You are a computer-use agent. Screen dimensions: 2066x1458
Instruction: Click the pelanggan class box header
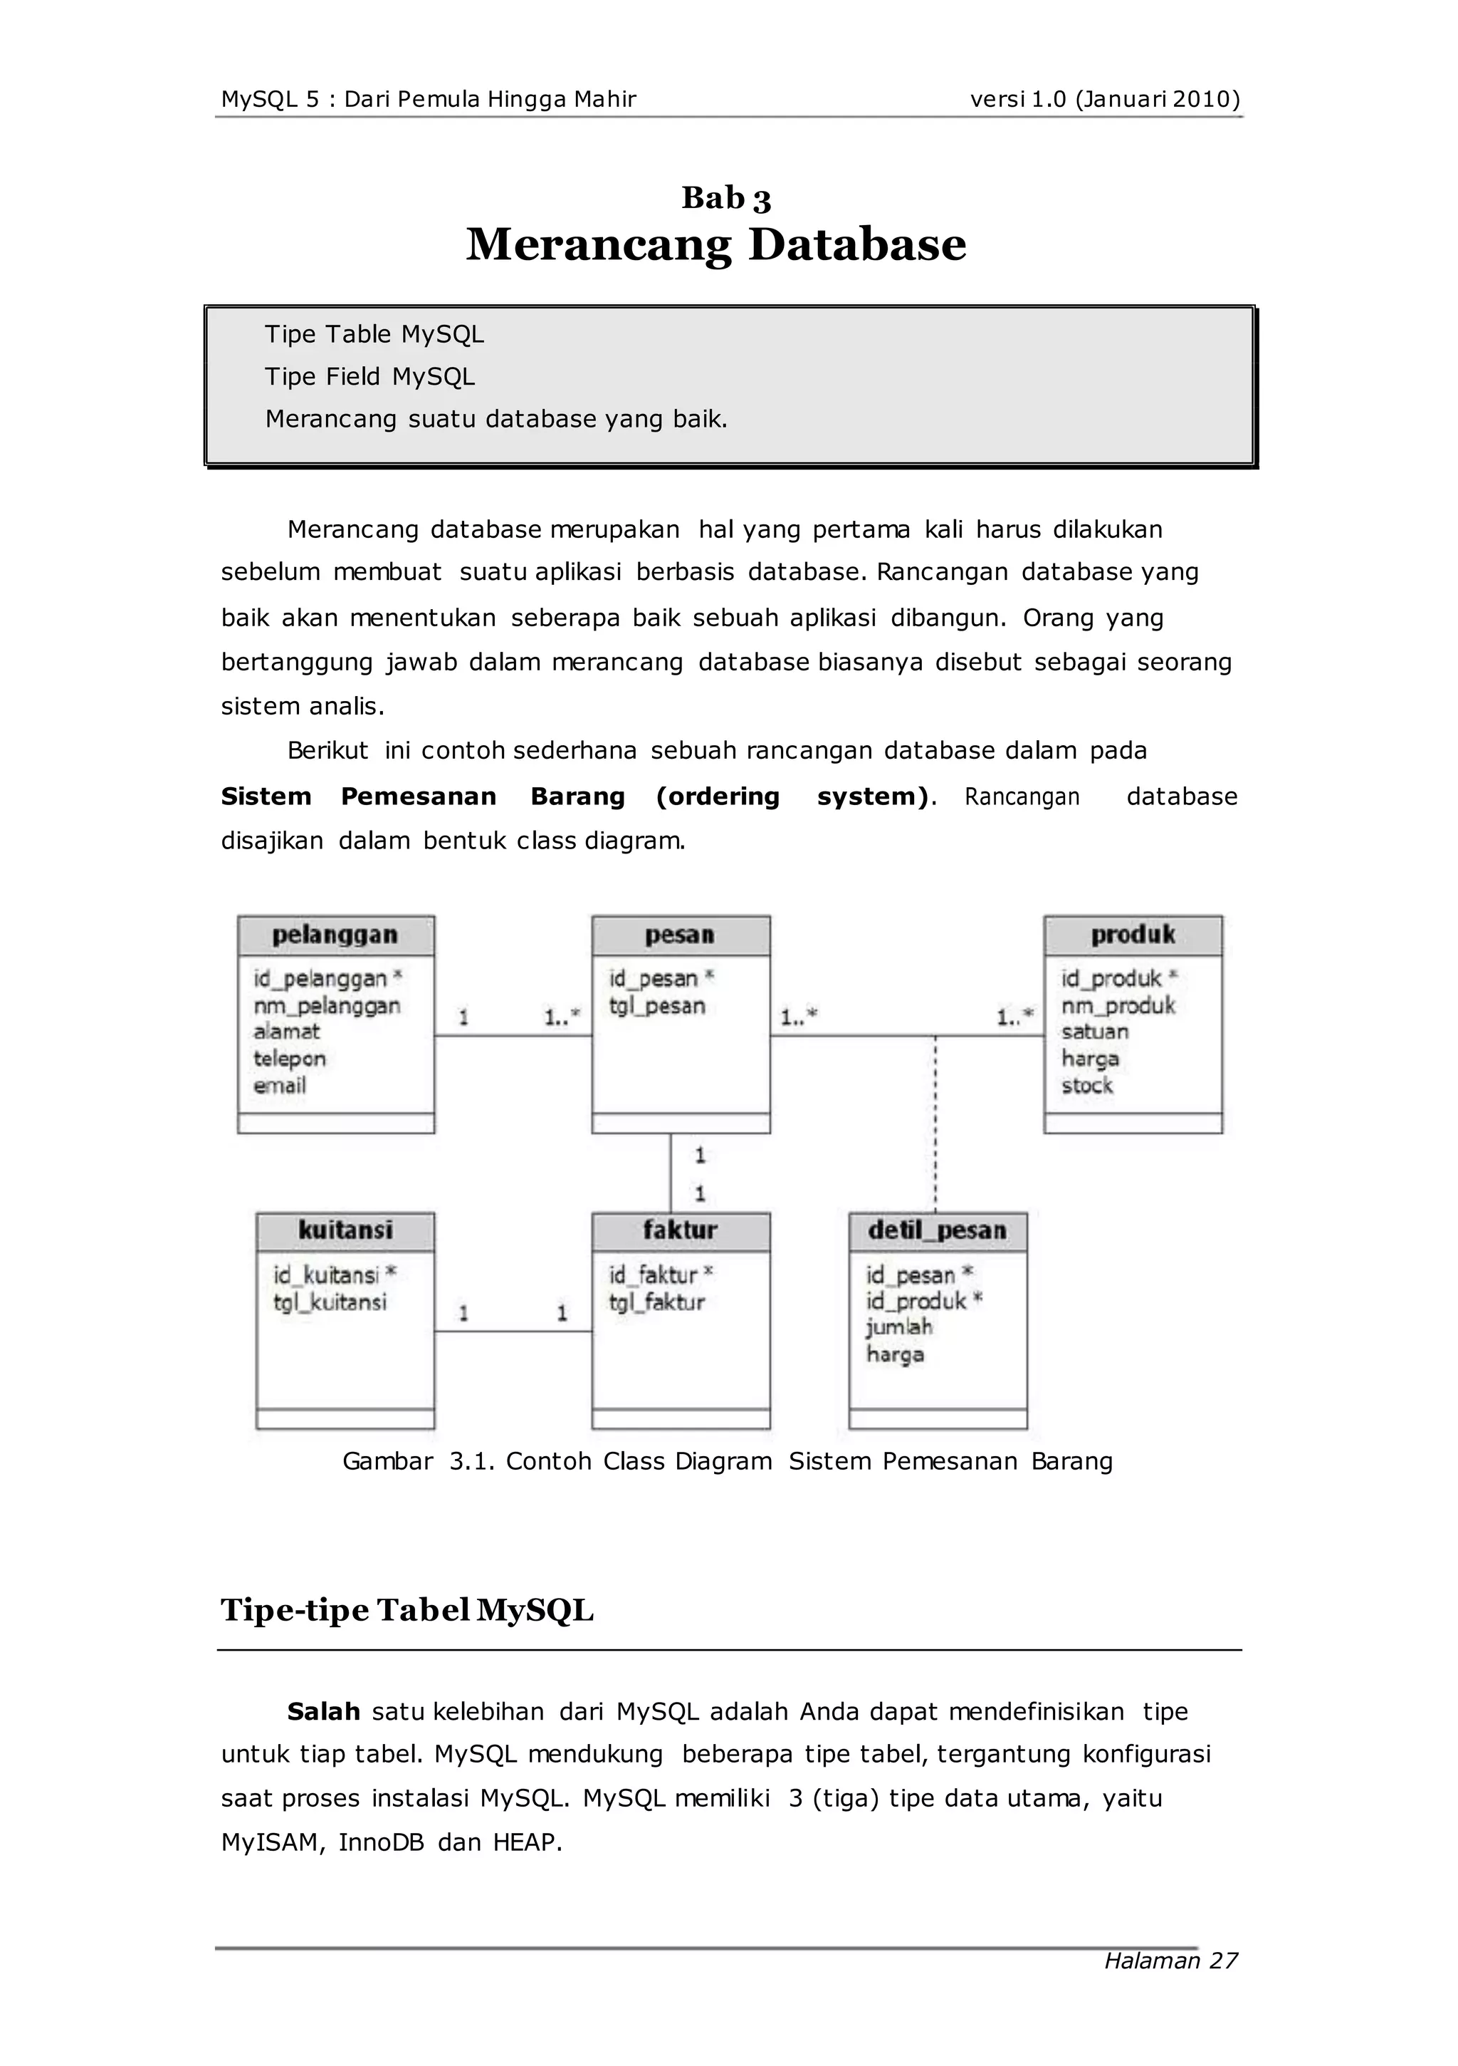(335, 936)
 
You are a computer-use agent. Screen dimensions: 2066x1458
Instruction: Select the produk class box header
(1133, 936)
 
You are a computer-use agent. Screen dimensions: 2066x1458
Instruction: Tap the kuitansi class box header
(345, 1231)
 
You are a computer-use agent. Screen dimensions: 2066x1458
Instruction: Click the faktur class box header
(680, 1231)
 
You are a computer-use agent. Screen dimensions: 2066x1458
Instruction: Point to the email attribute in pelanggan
(280, 1086)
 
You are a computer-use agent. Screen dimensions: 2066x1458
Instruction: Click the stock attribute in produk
(1086, 1086)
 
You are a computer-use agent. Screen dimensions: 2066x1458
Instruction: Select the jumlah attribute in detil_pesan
(898, 1327)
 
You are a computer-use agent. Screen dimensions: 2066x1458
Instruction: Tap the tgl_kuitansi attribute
(330, 1302)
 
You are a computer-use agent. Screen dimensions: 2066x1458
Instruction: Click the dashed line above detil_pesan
(935, 1125)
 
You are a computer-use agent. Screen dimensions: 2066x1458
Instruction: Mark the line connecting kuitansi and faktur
(513, 1331)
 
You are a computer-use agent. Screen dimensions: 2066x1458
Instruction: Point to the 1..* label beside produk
(1014, 1018)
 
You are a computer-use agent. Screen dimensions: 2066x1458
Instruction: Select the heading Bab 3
(726, 198)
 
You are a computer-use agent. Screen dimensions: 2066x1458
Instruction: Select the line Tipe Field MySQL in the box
(369, 377)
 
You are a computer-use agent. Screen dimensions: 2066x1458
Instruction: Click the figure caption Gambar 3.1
(727, 1461)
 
